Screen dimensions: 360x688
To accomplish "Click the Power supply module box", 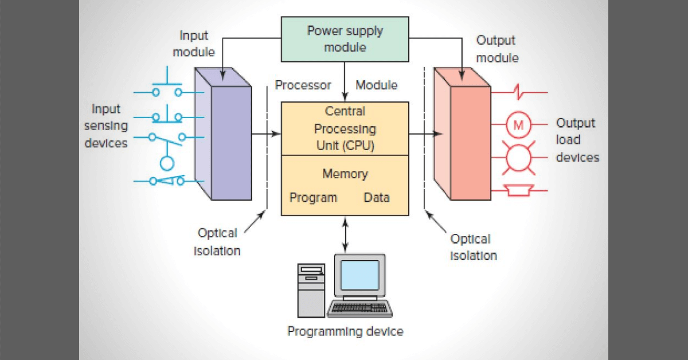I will click(344, 39).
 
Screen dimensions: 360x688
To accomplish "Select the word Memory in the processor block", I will click(345, 174).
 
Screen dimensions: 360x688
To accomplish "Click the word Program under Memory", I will click(313, 198).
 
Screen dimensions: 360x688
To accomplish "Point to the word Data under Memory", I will click(377, 198).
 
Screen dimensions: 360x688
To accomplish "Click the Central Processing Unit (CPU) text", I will click(345, 128).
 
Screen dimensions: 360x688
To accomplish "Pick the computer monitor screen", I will click(360, 275).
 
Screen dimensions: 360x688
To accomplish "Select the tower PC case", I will click(311, 289).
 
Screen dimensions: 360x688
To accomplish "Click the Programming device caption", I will click(345, 331).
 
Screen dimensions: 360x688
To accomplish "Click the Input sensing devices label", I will click(106, 126).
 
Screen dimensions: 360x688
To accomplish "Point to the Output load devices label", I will click(577, 140).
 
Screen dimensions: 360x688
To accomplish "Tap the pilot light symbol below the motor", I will click(519, 158).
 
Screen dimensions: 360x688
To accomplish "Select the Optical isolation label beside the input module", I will click(217, 242).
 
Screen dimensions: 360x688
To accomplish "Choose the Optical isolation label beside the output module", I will click(473, 247).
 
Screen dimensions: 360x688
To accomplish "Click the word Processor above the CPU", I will click(303, 85).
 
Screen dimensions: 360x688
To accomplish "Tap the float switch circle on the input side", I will click(166, 163).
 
